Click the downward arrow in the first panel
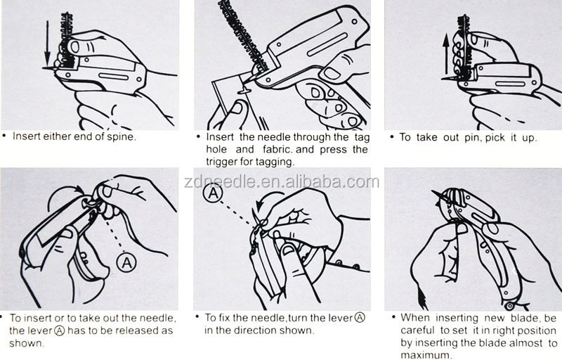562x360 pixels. coord(47,43)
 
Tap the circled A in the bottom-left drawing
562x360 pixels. coord(126,263)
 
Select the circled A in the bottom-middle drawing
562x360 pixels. coord(213,193)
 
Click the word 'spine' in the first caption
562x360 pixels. coord(121,136)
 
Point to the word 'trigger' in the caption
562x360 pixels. coord(222,162)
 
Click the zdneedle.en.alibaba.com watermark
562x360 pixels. coord(282,182)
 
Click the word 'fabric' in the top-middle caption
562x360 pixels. coord(277,149)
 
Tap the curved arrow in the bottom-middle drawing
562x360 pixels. coord(266,201)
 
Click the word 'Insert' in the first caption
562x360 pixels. coord(27,136)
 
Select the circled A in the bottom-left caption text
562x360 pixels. coord(60,330)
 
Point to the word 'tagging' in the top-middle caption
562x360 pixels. coord(275,162)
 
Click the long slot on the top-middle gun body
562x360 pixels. coord(327,44)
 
